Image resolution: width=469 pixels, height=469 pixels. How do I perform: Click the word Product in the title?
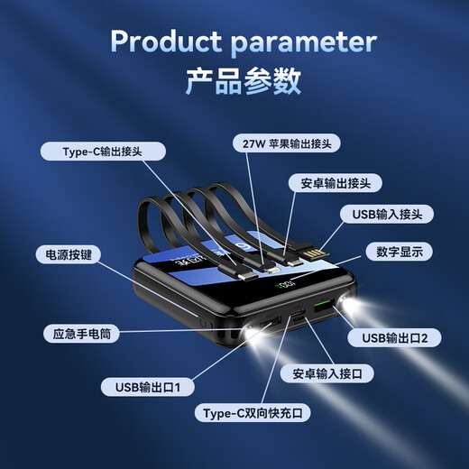(x=166, y=41)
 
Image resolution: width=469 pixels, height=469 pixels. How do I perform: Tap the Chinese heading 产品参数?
(x=234, y=81)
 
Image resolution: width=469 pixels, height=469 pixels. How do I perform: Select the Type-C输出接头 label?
(x=102, y=152)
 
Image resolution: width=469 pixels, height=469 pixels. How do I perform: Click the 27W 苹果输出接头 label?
(x=286, y=143)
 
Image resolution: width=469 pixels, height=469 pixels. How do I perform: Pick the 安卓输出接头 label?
(x=335, y=182)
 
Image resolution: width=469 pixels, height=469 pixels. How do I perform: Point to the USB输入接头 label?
(x=387, y=214)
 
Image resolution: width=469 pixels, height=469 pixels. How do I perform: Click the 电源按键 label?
(x=68, y=253)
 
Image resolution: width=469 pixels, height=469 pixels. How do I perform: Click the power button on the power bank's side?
(x=203, y=320)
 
